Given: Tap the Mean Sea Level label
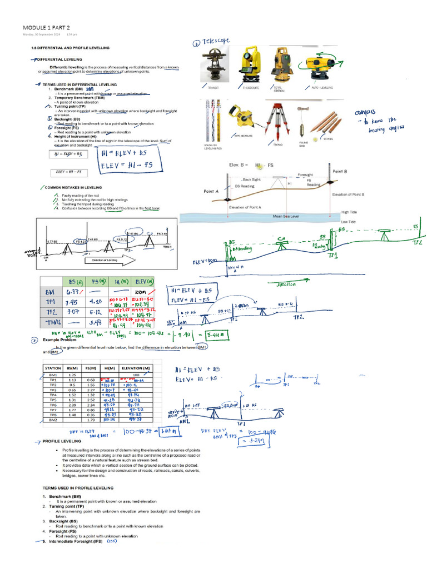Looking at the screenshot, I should (286, 217).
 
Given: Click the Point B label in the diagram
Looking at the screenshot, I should (340, 172).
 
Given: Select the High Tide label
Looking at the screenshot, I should (349, 212).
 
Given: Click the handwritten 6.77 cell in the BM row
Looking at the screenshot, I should (74, 293).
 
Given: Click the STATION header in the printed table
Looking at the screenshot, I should (53, 368).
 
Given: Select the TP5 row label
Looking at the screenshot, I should (53, 400).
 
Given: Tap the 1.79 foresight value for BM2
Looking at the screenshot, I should (90, 420).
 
